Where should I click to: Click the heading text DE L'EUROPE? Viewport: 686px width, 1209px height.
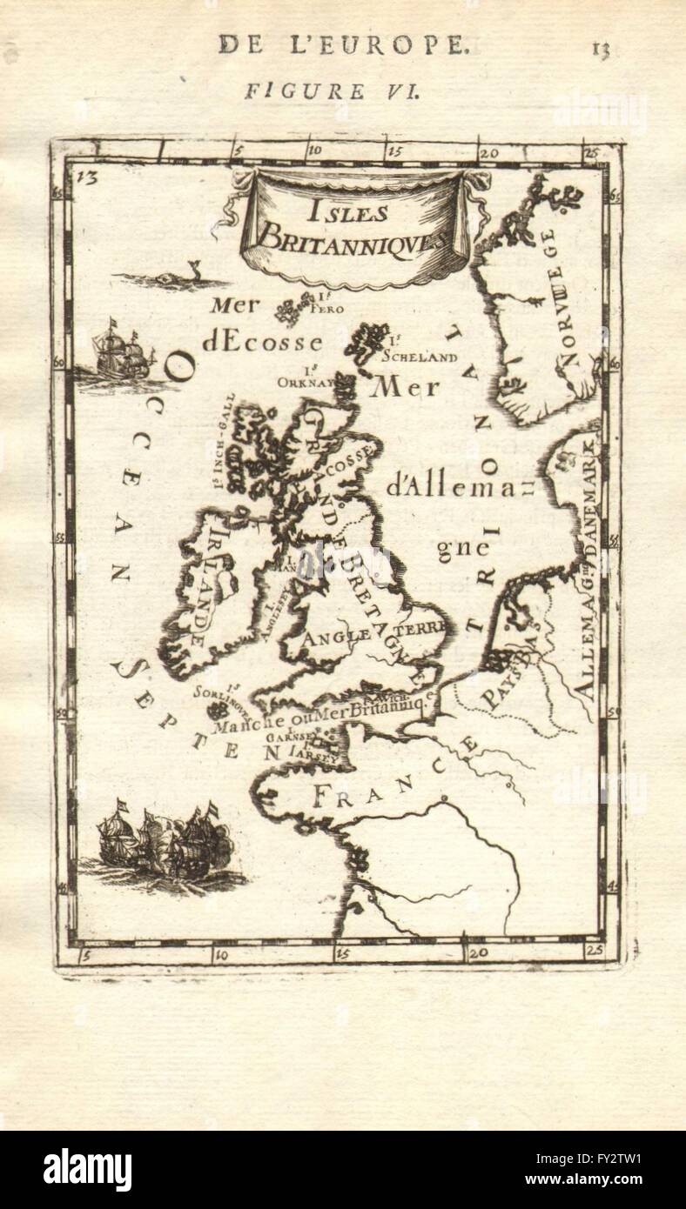pyautogui.click(x=341, y=45)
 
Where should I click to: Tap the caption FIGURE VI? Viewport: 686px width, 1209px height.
pyautogui.click(x=331, y=91)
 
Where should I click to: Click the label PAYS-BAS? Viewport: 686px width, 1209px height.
pyautogui.click(x=508, y=661)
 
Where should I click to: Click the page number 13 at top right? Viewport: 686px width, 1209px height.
pyautogui.click(x=600, y=48)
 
